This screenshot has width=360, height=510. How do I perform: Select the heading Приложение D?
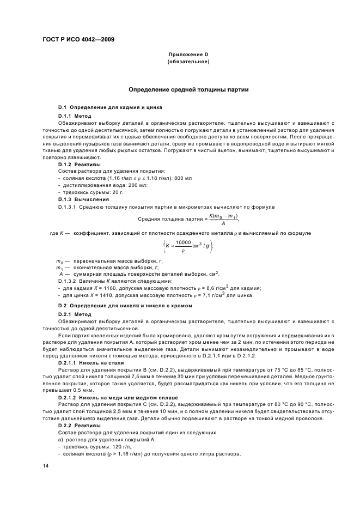pos(188,55)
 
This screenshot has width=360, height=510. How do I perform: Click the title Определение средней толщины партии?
pos(188,89)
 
